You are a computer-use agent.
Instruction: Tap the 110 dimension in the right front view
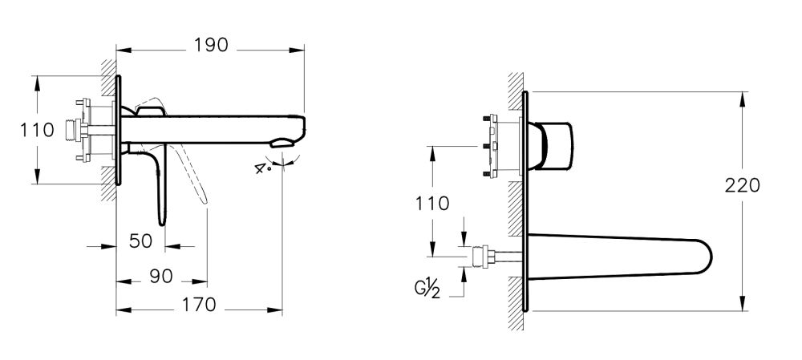(x=433, y=204)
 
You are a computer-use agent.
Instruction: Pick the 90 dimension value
(x=160, y=276)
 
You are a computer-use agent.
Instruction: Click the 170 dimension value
(x=197, y=305)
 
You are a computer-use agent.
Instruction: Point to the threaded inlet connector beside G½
(x=483, y=257)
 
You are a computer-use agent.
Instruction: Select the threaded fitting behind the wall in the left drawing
(x=80, y=129)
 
